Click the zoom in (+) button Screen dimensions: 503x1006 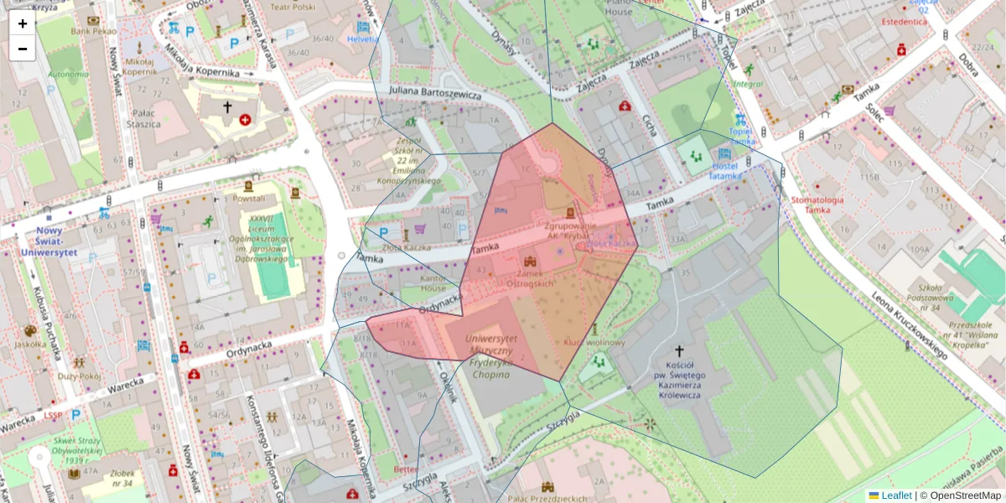coord(23,23)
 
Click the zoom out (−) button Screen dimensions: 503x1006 coord(23,49)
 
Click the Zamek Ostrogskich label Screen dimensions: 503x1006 coord(531,278)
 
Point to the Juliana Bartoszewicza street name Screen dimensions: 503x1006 coord(435,91)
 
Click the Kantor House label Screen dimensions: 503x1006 coord(433,283)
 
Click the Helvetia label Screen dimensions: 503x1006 coord(363,39)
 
